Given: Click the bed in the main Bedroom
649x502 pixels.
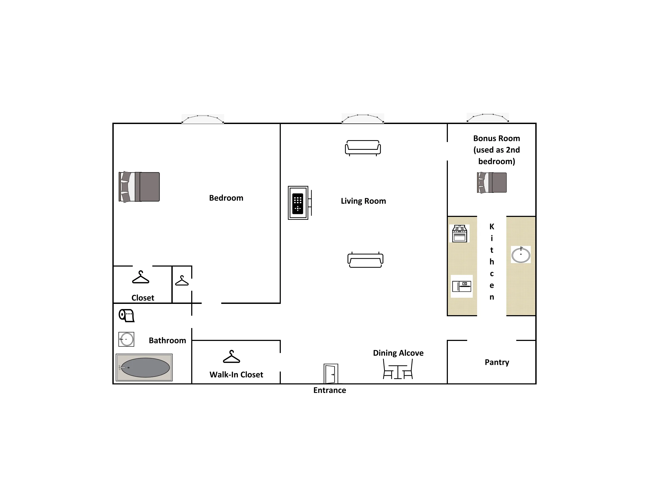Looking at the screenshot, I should coord(139,187).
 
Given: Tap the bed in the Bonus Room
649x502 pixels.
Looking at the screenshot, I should coord(492,183).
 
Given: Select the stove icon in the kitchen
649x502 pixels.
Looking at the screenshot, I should coord(459,234).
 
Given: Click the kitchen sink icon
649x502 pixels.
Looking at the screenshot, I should coord(521,255).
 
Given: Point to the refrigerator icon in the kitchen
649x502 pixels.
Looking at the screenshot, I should coord(462,286).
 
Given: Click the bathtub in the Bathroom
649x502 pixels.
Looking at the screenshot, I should coord(144,368).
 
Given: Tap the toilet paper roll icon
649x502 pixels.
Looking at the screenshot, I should coord(127,315).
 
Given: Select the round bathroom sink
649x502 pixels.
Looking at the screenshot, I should coord(126,339).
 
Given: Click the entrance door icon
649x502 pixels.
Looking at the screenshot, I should coord(331,374).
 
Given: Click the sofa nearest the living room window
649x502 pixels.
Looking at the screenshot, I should coord(363,148).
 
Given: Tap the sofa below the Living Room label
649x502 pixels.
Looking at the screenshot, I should coord(366,260).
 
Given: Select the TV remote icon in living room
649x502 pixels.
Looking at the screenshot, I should coord(298,203).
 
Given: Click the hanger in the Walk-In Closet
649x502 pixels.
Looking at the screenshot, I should coord(231,357).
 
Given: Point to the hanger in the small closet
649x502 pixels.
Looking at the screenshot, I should coord(182,281).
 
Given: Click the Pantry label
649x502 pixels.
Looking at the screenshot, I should coord(497,362).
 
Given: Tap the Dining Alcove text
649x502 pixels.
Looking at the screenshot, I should coord(398,353).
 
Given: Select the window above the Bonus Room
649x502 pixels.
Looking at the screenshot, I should coord(488,118).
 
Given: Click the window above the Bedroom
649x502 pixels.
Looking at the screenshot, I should coord(203,119).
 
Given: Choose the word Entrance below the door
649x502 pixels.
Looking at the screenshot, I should coord(330,390).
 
